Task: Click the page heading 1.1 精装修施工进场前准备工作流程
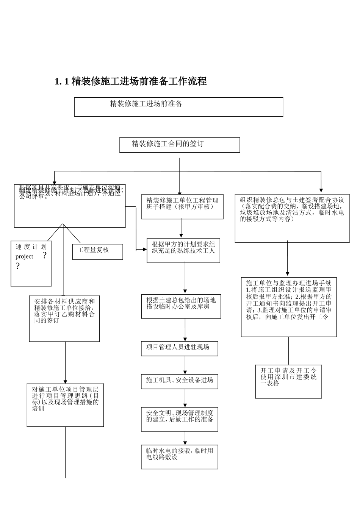coord(131,81)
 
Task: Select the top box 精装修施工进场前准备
coord(178,107)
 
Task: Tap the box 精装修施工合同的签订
coord(180,145)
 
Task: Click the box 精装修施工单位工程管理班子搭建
coord(182,207)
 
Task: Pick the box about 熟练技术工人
coord(183,250)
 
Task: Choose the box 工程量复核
coord(97,251)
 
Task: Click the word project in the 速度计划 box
coord(24,257)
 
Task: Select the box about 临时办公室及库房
coord(181,306)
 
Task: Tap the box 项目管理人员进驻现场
coord(180,348)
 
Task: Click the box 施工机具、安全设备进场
coord(180,381)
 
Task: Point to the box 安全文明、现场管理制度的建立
coord(180,419)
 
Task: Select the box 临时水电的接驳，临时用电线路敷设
coord(180,457)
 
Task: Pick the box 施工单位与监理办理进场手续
coord(289,307)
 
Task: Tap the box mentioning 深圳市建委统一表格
coord(288,381)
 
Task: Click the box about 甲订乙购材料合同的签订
coord(64,319)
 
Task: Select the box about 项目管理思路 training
coord(65,405)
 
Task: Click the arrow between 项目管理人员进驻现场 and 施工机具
coord(185,365)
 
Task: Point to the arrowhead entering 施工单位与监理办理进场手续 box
coord(288,274)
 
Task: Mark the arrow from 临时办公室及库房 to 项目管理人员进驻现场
coord(185,329)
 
